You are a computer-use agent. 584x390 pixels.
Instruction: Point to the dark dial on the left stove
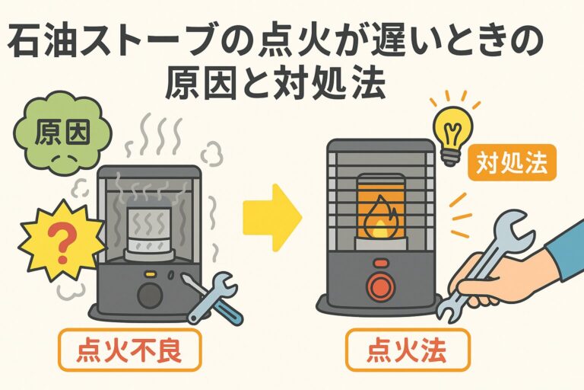pos(147,295)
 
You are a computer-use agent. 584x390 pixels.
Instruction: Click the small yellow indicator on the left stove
pos(150,272)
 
